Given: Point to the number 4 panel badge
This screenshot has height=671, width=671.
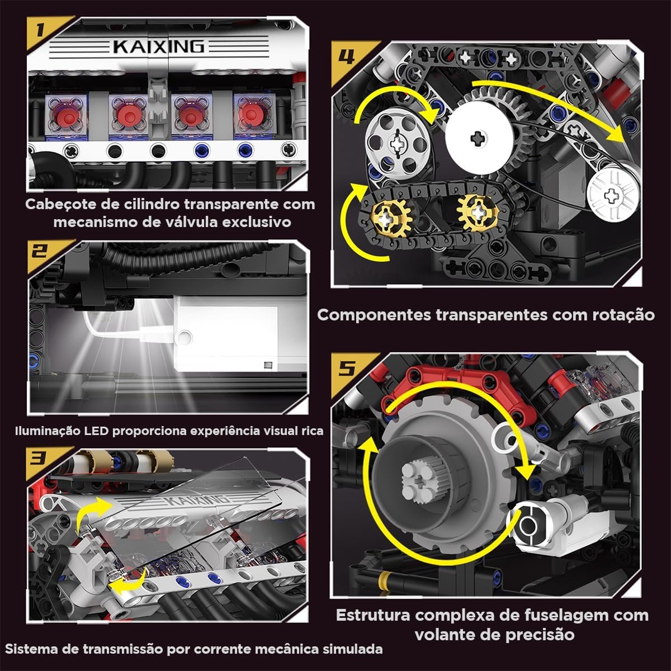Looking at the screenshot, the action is (x=346, y=56).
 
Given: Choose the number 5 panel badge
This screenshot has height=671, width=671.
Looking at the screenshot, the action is (x=346, y=368).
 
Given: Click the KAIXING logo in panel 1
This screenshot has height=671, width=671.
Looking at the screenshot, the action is (x=159, y=46).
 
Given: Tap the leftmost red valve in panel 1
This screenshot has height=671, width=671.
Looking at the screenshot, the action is (x=67, y=115).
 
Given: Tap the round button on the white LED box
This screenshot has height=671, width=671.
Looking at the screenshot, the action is (x=183, y=337).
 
